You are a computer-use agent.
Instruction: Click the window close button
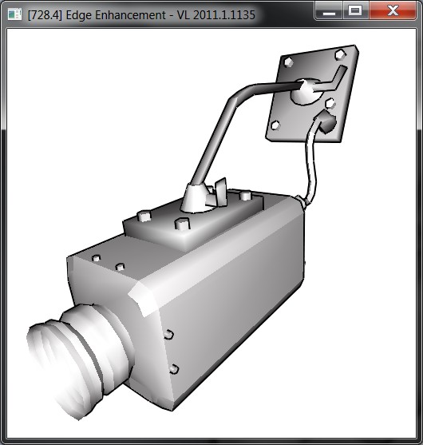point(393,10)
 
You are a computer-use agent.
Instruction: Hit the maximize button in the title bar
point(355,10)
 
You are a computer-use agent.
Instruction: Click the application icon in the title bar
point(14,14)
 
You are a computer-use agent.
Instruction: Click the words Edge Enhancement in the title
point(116,15)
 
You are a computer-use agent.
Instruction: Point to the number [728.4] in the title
point(45,15)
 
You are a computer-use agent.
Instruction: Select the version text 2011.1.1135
point(224,14)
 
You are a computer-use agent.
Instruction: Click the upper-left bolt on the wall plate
point(289,62)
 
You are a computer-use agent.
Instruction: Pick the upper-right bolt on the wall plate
point(340,54)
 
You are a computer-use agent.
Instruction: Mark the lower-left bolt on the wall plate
point(275,125)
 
